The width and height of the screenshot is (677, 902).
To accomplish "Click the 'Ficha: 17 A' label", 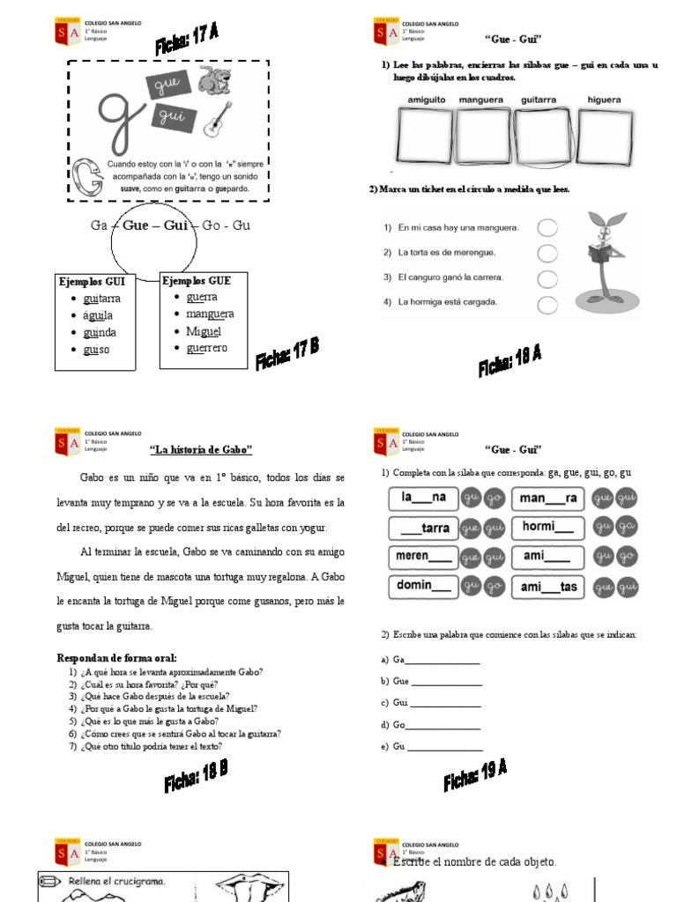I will tap(186, 40).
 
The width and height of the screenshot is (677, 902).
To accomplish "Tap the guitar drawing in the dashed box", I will tap(217, 120).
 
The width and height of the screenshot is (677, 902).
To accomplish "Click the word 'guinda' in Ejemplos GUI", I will tap(99, 332).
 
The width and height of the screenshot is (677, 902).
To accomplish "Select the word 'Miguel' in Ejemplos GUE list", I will tap(203, 331).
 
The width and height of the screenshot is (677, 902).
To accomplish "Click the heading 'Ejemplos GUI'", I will tap(92, 281).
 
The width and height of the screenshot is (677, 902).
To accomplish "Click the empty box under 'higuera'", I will tap(604, 137).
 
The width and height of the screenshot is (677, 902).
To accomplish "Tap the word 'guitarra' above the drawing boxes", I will tap(538, 100).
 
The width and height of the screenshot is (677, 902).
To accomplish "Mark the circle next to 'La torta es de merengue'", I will tap(547, 254).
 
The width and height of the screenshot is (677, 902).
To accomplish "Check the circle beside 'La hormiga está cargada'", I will tap(547, 305).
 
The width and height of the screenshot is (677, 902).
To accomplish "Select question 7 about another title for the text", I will tap(145, 746).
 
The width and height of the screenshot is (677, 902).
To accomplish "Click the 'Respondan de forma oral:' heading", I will tap(116, 657).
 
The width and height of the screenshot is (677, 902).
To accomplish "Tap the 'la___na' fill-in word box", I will tap(423, 498).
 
